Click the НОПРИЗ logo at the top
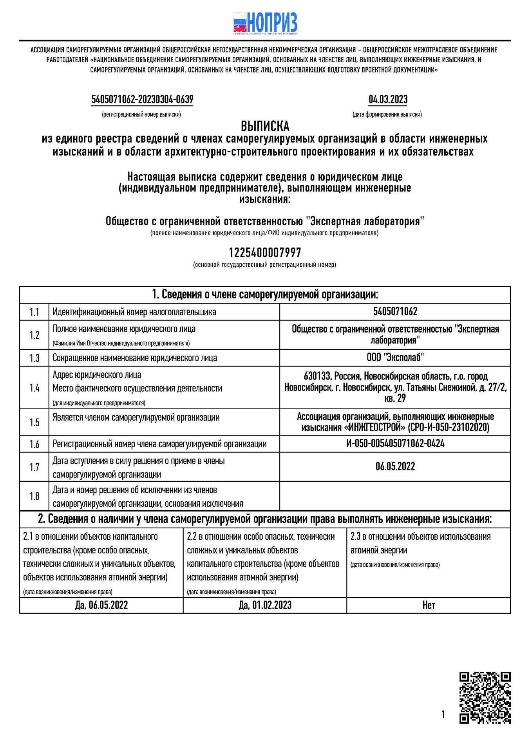tap(265, 23)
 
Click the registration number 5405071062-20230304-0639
tap(142, 99)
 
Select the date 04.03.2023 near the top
tap(388, 99)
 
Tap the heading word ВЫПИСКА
tap(265, 126)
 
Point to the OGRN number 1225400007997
tap(265, 253)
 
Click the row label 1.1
tap(34, 312)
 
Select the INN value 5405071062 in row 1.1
tap(395, 312)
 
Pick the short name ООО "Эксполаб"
tap(395, 357)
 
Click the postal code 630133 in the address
tap(317, 376)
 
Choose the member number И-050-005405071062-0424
tap(395, 444)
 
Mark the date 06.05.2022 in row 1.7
tap(395, 466)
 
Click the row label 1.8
tap(34, 496)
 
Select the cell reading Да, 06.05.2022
tap(101, 606)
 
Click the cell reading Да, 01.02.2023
tap(265, 606)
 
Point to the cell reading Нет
tap(429, 606)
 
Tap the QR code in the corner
tap(485, 698)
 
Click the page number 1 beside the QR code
tap(443, 714)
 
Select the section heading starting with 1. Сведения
tap(265, 295)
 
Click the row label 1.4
tap(34, 388)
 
